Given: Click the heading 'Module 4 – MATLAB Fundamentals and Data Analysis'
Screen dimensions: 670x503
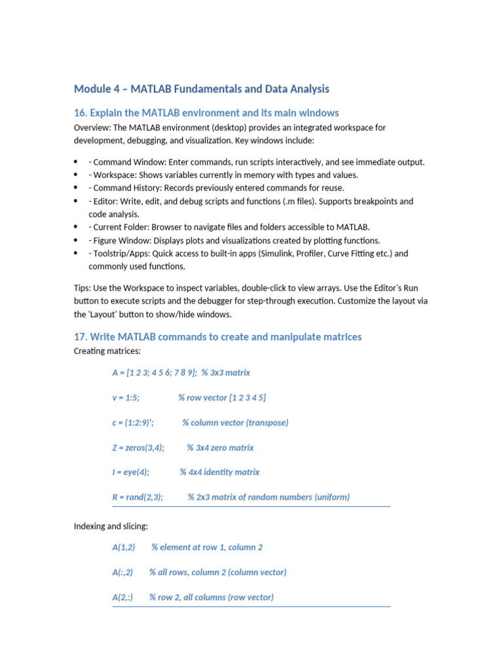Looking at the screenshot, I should pyautogui.click(x=202, y=89).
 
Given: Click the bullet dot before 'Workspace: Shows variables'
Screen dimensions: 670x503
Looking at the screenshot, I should pyautogui.click(x=77, y=175).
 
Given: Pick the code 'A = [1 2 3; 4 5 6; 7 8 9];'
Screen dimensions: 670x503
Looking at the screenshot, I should pyautogui.click(x=155, y=372).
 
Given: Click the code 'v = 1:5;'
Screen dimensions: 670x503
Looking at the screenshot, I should pyautogui.click(x=126, y=398).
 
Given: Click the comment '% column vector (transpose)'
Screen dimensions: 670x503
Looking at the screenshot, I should pyautogui.click(x=235, y=423).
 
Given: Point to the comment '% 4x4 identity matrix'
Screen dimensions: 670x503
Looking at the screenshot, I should pyautogui.click(x=219, y=472).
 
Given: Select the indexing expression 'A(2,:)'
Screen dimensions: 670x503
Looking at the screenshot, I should pyautogui.click(x=122, y=597).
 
